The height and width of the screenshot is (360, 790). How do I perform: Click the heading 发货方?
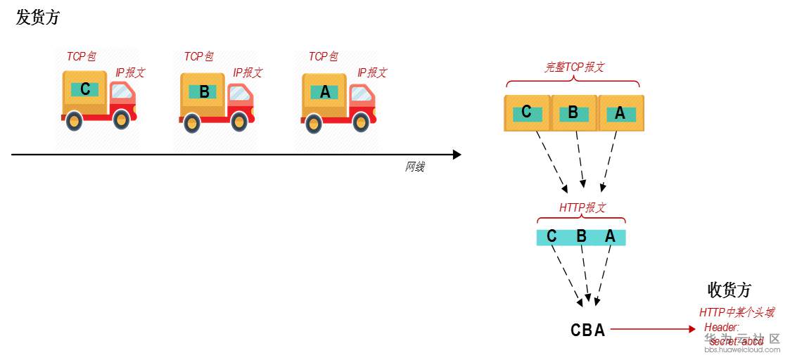(38, 18)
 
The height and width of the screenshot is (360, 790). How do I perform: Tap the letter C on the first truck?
(85, 89)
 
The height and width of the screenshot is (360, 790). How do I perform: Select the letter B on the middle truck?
(204, 91)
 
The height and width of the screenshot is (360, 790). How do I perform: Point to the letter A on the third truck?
(324, 91)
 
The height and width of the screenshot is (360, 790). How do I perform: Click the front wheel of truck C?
(121, 120)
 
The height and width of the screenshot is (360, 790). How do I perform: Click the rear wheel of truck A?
(314, 124)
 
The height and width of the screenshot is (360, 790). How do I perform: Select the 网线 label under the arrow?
(414, 167)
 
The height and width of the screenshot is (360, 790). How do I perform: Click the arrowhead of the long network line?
(457, 155)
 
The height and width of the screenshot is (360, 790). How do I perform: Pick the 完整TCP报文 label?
(574, 67)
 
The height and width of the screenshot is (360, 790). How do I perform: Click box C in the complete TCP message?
(527, 113)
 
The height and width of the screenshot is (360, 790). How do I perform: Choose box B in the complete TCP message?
(574, 113)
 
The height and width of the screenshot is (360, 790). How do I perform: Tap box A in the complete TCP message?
(620, 113)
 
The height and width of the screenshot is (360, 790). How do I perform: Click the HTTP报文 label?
(582, 208)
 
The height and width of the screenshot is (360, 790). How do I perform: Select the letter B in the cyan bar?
(581, 237)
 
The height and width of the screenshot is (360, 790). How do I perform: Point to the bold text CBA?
(587, 330)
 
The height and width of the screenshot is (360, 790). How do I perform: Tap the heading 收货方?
(729, 290)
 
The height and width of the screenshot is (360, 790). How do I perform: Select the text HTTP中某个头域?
(736, 313)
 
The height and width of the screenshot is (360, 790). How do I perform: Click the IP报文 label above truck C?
(130, 73)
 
